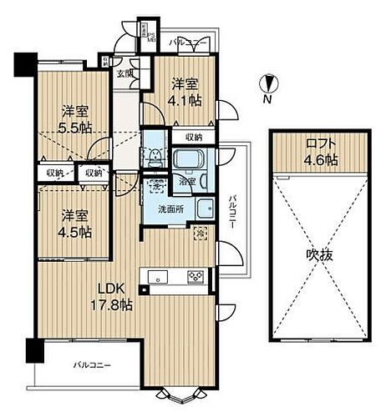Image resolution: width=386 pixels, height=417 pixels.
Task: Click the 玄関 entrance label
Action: [x=124, y=74]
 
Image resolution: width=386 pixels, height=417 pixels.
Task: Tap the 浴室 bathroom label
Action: [x=186, y=180]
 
